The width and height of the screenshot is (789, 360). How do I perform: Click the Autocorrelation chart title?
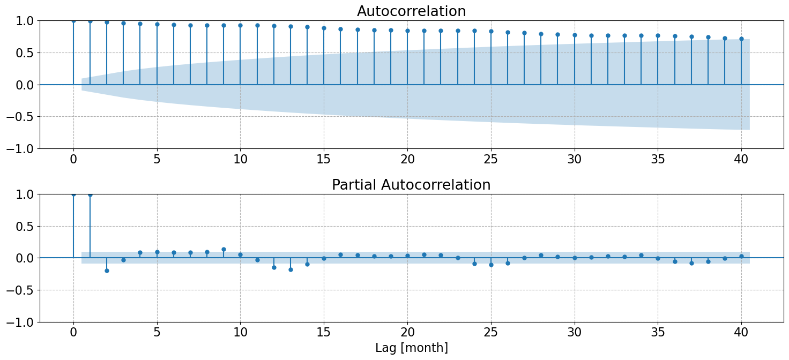(411, 11)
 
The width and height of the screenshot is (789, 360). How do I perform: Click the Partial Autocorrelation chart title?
(411, 185)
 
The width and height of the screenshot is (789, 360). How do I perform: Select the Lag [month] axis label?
(411, 348)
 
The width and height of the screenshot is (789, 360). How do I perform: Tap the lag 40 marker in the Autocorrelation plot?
(741, 39)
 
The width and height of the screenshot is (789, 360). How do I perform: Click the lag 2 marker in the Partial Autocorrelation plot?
(107, 271)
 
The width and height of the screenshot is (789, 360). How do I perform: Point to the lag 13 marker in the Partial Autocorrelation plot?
(291, 269)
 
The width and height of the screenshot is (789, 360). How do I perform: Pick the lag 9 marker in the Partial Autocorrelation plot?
(224, 249)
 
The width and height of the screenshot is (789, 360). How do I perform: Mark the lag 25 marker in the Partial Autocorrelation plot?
(491, 265)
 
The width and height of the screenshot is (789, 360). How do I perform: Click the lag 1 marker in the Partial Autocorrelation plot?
(90, 194)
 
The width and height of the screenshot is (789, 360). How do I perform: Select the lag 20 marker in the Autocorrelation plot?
(407, 31)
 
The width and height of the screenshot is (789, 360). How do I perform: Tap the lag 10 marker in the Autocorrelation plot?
(240, 25)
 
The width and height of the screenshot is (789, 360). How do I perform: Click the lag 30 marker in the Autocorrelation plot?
(575, 35)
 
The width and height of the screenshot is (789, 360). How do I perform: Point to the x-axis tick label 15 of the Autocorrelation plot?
(324, 159)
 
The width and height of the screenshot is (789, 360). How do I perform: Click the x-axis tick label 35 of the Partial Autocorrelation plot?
(658, 333)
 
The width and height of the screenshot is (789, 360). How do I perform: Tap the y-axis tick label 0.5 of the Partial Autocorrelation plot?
(24, 226)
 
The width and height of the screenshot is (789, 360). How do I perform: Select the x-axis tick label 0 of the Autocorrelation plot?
(73, 159)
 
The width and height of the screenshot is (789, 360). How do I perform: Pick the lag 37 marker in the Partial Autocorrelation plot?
(691, 263)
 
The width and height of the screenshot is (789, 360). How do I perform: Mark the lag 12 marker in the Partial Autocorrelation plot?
(274, 267)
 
